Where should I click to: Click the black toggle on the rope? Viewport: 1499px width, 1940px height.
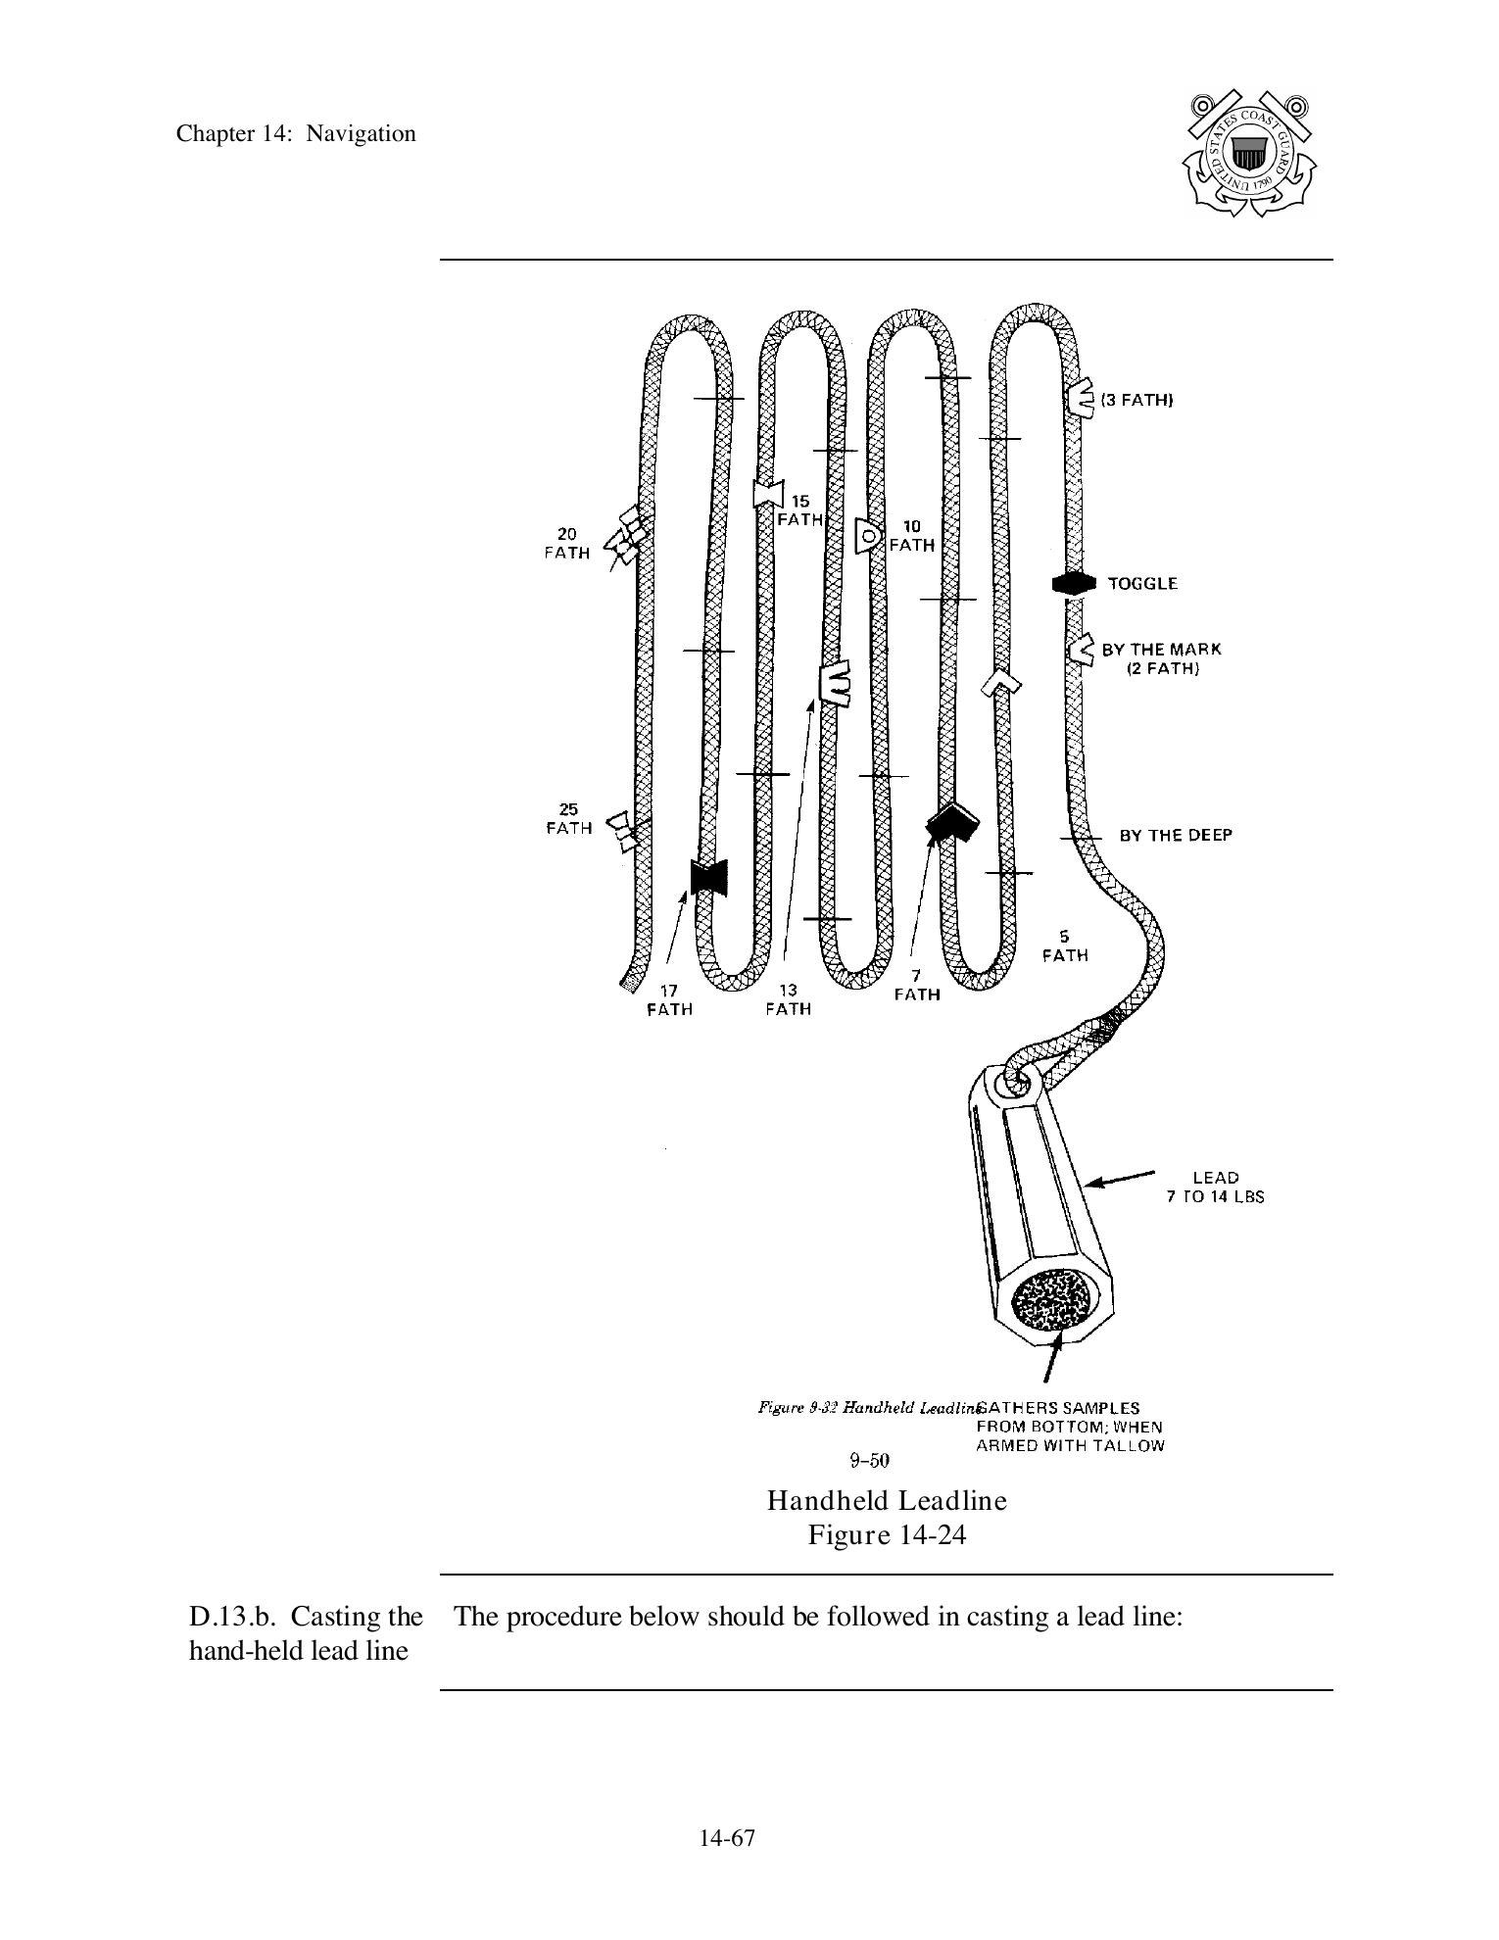[1072, 583]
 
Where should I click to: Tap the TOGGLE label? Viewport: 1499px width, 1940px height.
[1142, 584]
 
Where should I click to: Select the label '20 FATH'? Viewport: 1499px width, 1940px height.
[567, 544]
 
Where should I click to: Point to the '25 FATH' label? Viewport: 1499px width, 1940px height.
[569, 819]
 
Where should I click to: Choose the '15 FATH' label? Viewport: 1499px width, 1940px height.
[800, 510]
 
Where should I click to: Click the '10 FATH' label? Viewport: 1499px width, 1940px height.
[911, 536]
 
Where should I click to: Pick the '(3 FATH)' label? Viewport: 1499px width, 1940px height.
[1136, 400]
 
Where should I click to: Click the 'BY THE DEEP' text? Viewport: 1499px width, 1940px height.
[1176, 835]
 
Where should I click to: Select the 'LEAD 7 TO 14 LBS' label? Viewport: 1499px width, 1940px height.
[1215, 1187]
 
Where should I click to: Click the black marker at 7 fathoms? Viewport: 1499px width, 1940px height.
[950, 822]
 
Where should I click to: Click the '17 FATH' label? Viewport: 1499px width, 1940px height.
[669, 1000]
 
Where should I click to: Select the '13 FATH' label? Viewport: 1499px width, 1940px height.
[789, 1000]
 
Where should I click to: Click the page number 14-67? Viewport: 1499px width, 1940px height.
[727, 1838]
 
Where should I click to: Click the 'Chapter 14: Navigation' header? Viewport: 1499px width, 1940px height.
[296, 134]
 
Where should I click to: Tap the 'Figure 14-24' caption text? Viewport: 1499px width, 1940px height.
[887, 1534]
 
